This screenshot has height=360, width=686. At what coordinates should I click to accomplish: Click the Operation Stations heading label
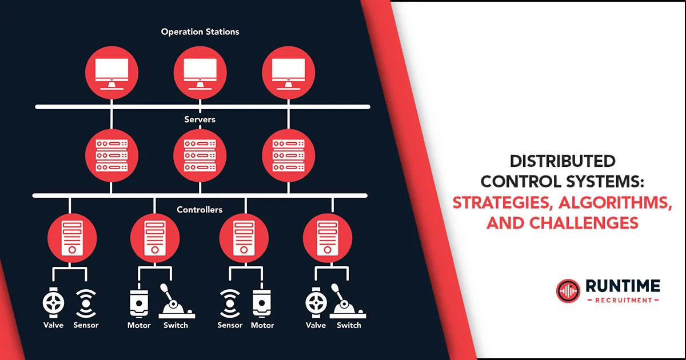coord(200,31)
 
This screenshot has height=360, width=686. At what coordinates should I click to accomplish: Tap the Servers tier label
coord(200,119)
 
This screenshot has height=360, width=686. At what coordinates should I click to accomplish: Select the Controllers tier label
coord(200,210)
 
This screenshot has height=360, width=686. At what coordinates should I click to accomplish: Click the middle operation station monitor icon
coord(200,73)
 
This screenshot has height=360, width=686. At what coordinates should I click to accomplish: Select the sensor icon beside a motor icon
coord(229,303)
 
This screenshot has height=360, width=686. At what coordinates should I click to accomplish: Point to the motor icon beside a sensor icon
coord(262,303)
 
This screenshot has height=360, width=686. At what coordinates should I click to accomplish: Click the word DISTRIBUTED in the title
coord(563,161)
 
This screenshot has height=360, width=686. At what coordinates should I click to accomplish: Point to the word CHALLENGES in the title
coord(585,223)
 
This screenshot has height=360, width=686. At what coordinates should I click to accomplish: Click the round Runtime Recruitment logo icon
coord(568,291)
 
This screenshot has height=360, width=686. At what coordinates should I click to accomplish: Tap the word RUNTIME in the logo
coord(621,286)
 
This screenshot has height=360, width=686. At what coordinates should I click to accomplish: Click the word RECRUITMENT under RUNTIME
coord(622,299)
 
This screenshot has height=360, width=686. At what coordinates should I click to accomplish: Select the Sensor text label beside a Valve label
coord(86,325)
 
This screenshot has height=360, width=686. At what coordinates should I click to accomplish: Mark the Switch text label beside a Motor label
coord(175,325)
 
